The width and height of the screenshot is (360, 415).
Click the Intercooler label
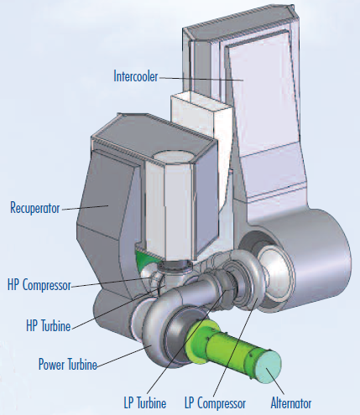pos(136,76)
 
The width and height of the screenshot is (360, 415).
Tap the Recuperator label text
pos(35,208)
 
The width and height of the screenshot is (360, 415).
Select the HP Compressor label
pos(39,285)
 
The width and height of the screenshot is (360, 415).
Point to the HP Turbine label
pos(49,326)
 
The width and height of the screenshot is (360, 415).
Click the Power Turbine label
pos(68,364)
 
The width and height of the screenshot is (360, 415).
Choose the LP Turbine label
pos(145,403)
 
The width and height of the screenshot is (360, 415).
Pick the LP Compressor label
pos(215,403)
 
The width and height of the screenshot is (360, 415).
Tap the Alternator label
pos(291,403)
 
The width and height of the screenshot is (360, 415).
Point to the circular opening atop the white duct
pos(174,156)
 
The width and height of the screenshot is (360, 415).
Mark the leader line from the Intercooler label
pos(201,79)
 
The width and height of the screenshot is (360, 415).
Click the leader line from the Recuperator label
pos(85,208)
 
